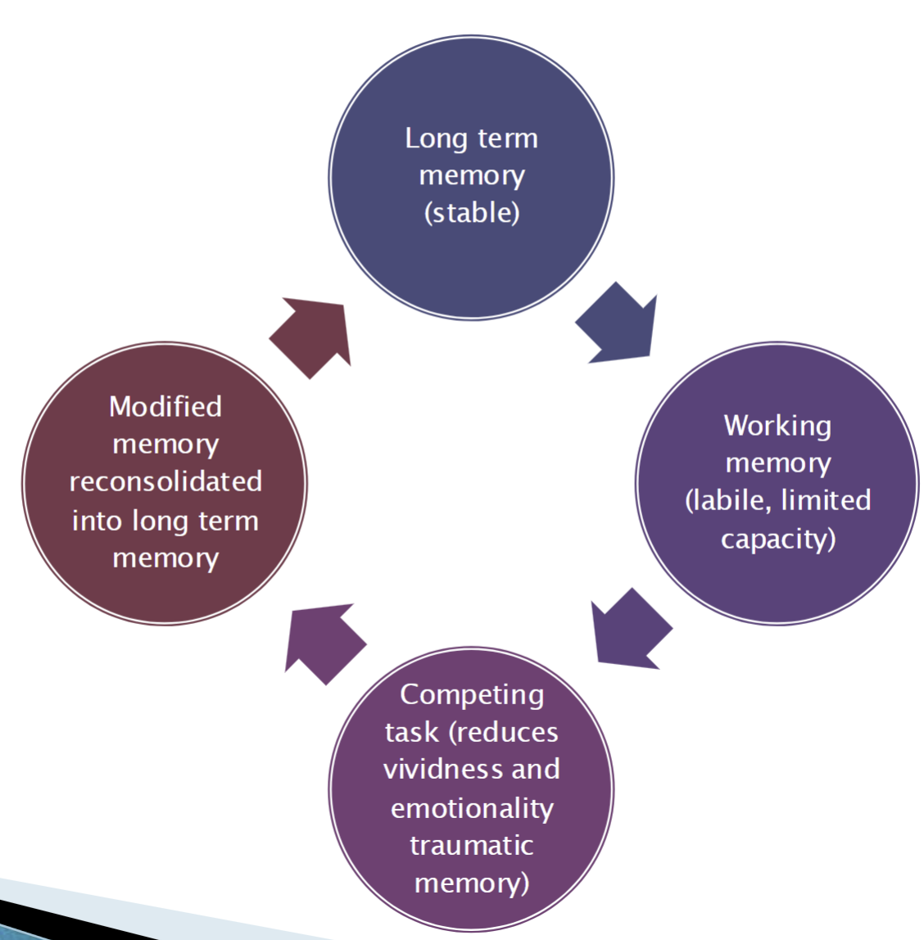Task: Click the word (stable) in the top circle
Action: point(472,213)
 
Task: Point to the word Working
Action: point(777,426)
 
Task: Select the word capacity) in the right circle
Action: point(778,539)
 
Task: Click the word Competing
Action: point(472,695)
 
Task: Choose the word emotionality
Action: point(472,808)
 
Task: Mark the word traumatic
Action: point(472,845)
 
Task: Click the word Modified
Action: point(165,406)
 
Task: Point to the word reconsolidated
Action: point(165,481)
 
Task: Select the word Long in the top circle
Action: point(437,138)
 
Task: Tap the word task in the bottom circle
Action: point(411,732)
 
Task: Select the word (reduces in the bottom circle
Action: point(504,732)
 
